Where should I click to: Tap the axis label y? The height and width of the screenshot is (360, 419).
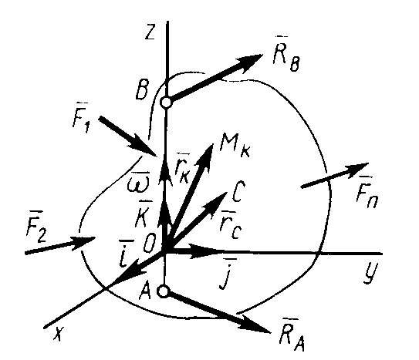coord(370,273)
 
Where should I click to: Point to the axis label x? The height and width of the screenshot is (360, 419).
coord(59,334)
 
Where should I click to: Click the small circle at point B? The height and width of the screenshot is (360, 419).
coord(166,103)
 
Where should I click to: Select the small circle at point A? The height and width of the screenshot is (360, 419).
coord(163,291)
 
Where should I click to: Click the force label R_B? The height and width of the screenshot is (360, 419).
coord(286,56)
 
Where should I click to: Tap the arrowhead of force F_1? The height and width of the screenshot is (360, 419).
coord(144,146)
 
